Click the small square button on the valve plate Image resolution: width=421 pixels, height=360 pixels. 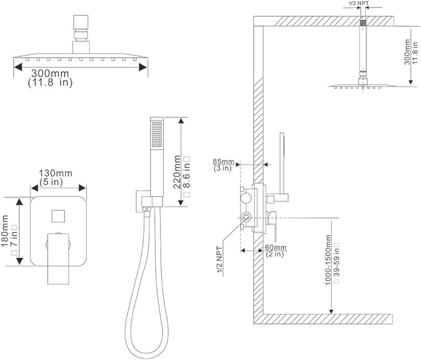pos(56,216)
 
